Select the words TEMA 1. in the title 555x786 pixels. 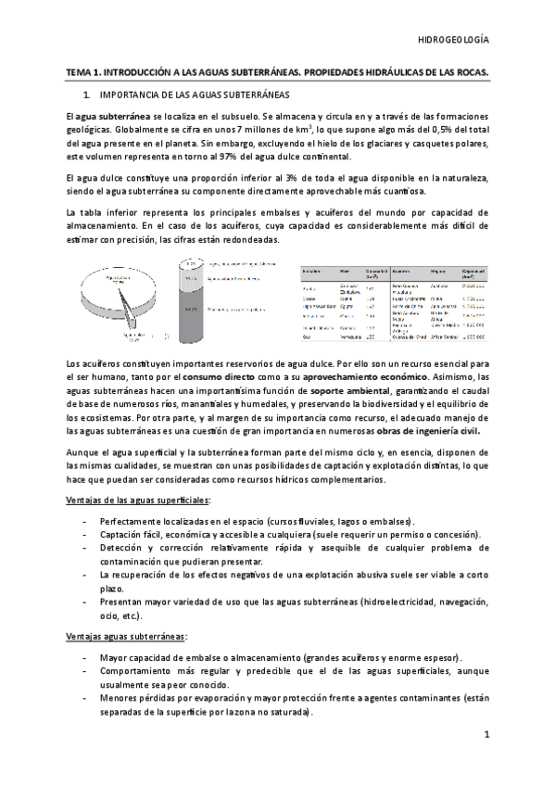pyautogui.click(x=85, y=71)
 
